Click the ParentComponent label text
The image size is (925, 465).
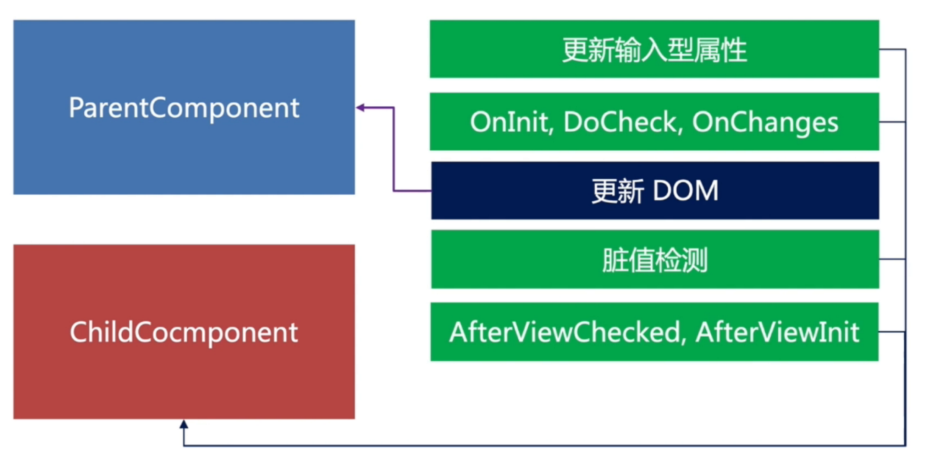(x=184, y=108)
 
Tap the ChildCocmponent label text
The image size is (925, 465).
(x=184, y=332)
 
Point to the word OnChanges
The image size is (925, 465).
(x=765, y=122)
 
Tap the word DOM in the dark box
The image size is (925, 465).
(x=685, y=191)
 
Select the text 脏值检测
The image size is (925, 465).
(x=655, y=260)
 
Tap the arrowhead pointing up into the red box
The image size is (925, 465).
(x=184, y=424)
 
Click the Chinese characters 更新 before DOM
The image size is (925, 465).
(x=618, y=191)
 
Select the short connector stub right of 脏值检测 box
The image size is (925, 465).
(x=892, y=259)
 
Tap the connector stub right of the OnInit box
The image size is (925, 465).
(x=892, y=122)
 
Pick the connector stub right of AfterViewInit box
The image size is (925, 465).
(x=892, y=332)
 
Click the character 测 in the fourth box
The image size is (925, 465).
(x=695, y=260)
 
